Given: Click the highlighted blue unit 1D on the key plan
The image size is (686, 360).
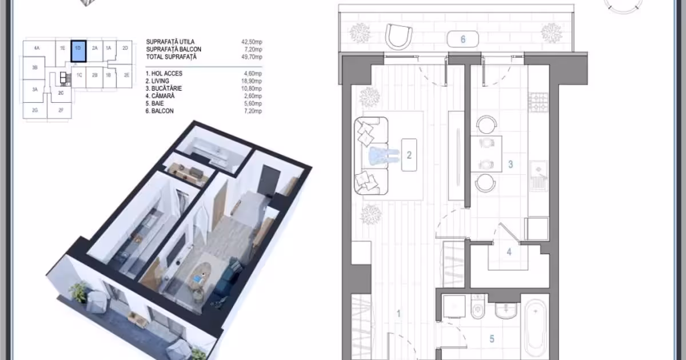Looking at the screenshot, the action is [78, 51].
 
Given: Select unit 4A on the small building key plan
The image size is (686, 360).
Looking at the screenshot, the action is [37, 48].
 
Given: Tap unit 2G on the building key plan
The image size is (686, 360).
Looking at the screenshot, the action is [35, 110].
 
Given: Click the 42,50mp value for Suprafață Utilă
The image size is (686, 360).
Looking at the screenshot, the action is [252, 42].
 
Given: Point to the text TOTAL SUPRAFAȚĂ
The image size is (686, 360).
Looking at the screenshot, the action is [171, 57].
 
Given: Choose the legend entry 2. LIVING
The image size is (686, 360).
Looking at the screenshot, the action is [157, 81].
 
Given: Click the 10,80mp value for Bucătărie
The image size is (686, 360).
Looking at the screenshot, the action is [252, 89].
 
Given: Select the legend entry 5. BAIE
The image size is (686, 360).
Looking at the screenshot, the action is [155, 103].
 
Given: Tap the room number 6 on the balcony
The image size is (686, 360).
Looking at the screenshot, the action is [463, 39].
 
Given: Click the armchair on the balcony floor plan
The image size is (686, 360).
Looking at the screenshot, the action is [398, 37].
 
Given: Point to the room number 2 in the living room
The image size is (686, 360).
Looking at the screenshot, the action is [409, 155].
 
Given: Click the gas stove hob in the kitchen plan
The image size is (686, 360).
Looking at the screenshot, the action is [538, 102].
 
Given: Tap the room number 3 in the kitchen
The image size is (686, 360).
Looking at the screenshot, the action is [510, 165].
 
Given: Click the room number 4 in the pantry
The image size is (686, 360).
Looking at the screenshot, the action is [509, 252].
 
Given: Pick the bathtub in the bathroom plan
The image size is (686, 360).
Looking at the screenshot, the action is [535, 329].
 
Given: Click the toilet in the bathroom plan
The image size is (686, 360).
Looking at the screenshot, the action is [478, 307].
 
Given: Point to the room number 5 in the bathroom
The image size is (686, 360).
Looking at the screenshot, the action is [492, 339].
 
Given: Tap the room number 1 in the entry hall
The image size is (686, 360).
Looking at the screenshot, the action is [398, 314].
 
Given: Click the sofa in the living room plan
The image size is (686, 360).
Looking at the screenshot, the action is [371, 156].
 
